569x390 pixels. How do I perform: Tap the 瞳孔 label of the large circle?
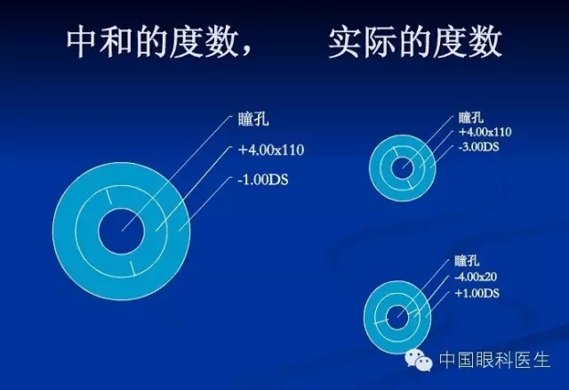(x=253, y=119)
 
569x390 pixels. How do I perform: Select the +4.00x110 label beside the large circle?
(x=270, y=150)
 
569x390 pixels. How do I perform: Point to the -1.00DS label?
(x=263, y=180)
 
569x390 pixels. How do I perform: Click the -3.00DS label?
(x=478, y=147)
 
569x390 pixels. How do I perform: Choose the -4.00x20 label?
(x=476, y=277)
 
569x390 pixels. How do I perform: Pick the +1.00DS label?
(x=477, y=293)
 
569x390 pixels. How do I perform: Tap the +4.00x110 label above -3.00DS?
(x=485, y=132)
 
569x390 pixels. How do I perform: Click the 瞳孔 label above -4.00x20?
(x=467, y=261)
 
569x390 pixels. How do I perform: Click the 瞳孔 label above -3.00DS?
(x=470, y=118)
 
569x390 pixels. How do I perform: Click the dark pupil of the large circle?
(x=122, y=232)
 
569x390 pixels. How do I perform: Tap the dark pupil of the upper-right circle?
(x=403, y=168)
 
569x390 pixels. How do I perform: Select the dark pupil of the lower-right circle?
(x=397, y=317)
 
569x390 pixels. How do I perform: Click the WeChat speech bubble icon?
(x=419, y=360)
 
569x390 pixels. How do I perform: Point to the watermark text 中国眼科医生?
(x=494, y=360)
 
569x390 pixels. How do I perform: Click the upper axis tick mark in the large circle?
(x=108, y=196)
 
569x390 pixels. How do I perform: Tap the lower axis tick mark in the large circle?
(x=133, y=268)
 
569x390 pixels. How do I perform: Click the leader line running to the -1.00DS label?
(x=205, y=204)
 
